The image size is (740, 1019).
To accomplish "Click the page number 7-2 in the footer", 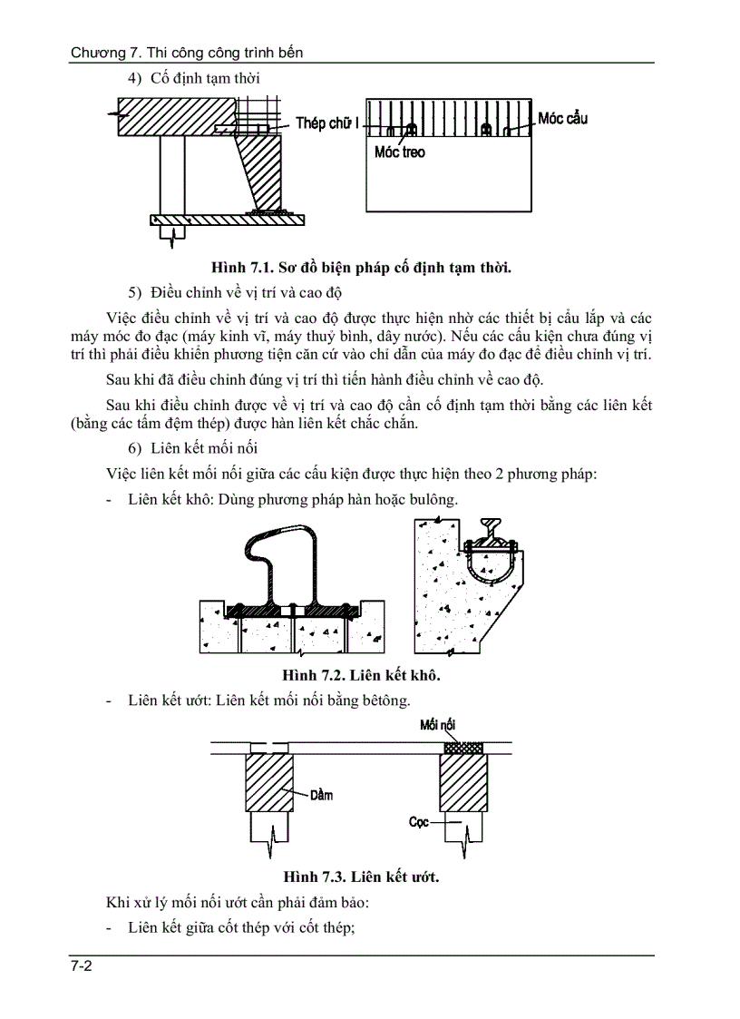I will point(82,967).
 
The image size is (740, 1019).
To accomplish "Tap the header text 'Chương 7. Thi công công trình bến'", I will point(187,53).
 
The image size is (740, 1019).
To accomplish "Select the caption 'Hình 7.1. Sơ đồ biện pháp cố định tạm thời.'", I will point(361,267).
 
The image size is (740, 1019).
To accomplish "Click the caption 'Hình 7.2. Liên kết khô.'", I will point(361,675).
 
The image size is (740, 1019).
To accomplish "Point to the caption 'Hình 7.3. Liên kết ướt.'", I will point(361,877).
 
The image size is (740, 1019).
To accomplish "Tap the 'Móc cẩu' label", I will point(562,119).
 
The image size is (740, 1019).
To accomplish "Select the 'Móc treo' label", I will point(399,152).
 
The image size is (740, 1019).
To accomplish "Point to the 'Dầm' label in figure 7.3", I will point(321,795).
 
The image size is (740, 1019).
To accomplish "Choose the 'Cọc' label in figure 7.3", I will point(418,822).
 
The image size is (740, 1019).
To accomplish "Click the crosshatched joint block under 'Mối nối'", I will point(462,747).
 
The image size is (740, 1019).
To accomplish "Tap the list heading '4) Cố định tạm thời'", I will point(194,79).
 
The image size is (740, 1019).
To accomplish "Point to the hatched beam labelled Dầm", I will point(269,783).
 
